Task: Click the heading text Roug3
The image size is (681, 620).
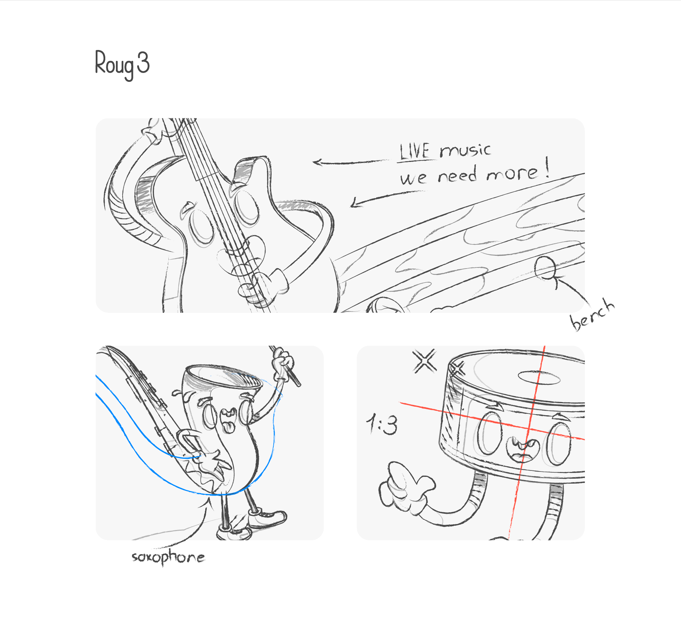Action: [122, 64]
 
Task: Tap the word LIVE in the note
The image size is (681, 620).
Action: [415, 151]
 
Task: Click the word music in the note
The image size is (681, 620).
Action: [465, 150]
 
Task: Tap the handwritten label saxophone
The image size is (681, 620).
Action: [168, 557]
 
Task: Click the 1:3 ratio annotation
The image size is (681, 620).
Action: [382, 424]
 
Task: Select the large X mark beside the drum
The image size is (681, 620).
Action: [425, 361]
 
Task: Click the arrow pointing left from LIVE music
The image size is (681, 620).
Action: [351, 163]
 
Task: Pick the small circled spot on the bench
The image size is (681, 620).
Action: [545, 268]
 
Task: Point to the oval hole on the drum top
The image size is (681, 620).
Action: [539, 377]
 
